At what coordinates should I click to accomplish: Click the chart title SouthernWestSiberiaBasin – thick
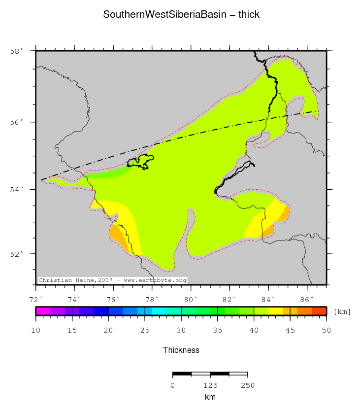pyautogui.click(x=181, y=15)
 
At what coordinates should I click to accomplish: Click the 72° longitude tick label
pyautogui.click(x=35, y=299)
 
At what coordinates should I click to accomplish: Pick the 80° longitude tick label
pyautogui.click(x=191, y=299)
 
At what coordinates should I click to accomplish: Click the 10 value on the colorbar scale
pyautogui.click(x=36, y=330)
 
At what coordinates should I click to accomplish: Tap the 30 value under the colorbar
pyautogui.click(x=181, y=330)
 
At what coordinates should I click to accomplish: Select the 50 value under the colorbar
pyautogui.click(x=326, y=330)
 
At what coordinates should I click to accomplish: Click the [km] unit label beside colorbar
pyautogui.click(x=342, y=311)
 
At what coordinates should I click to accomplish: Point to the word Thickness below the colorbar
pyautogui.click(x=181, y=350)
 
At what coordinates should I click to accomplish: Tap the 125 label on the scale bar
pyautogui.click(x=210, y=385)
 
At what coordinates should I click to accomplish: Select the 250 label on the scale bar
pyautogui.click(x=247, y=385)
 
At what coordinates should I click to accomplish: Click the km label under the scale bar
pyautogui.click(x=210, y=397)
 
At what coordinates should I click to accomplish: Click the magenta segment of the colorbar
pyautogui.click(x=43, y=311)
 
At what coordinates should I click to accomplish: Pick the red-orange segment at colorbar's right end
pyautogui.click(x=319, y=311)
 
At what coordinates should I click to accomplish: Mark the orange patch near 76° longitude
pyautogui.click(x=119, y=235)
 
